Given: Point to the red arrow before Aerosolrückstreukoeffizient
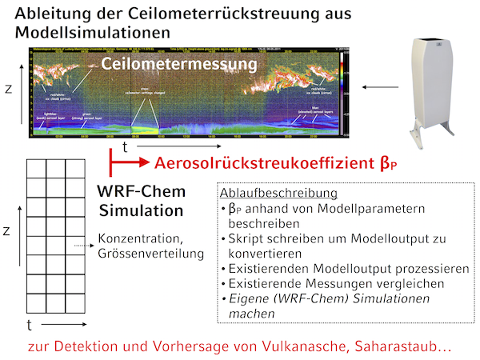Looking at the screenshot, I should (x=128, y=163).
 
